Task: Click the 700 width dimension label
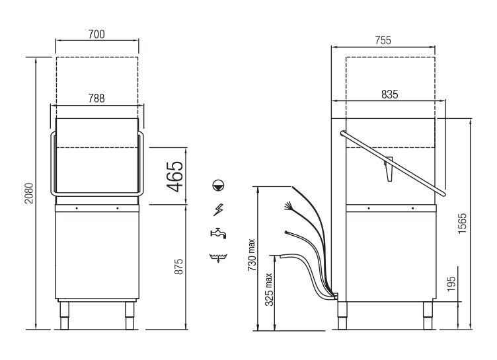point(96,34)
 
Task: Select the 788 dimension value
point(96,97)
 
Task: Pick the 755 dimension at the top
point(383,40)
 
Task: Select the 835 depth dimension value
point(389,94)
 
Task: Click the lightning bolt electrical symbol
point(218,210)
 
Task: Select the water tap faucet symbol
point(218,233)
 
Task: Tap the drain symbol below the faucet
point(218,256)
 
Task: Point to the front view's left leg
point(64,316)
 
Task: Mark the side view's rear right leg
point(424,316)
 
